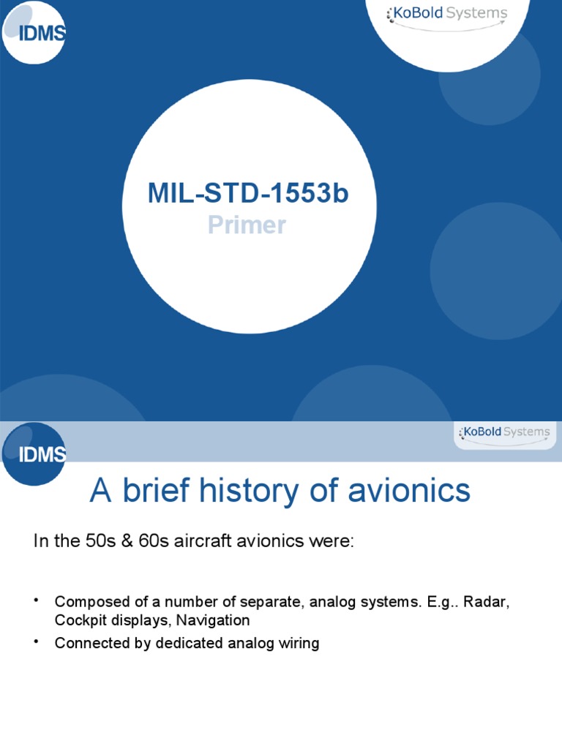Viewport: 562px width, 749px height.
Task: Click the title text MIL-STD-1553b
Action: point(248,194)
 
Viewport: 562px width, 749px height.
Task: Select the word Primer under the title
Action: point(247,225)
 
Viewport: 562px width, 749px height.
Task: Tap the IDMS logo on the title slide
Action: point(33,32)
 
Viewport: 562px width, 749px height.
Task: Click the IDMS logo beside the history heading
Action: point(34,453)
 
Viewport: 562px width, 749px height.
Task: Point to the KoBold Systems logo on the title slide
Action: point(448,15)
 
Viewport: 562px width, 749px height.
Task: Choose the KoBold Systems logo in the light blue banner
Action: point(504,432)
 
